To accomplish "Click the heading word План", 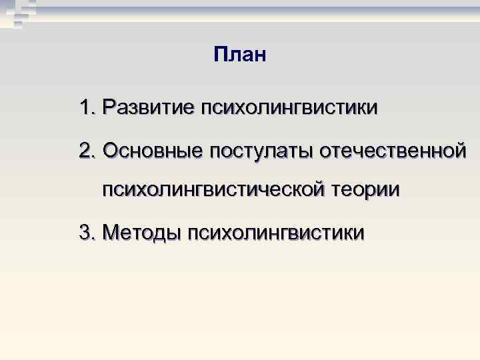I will (x=240, y=54).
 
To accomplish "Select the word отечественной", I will (x=393, y=150).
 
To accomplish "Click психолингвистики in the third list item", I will (x=276, y=233).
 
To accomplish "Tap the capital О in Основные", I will (x=111, y=150).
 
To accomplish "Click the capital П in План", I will (x=221, y=54).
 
